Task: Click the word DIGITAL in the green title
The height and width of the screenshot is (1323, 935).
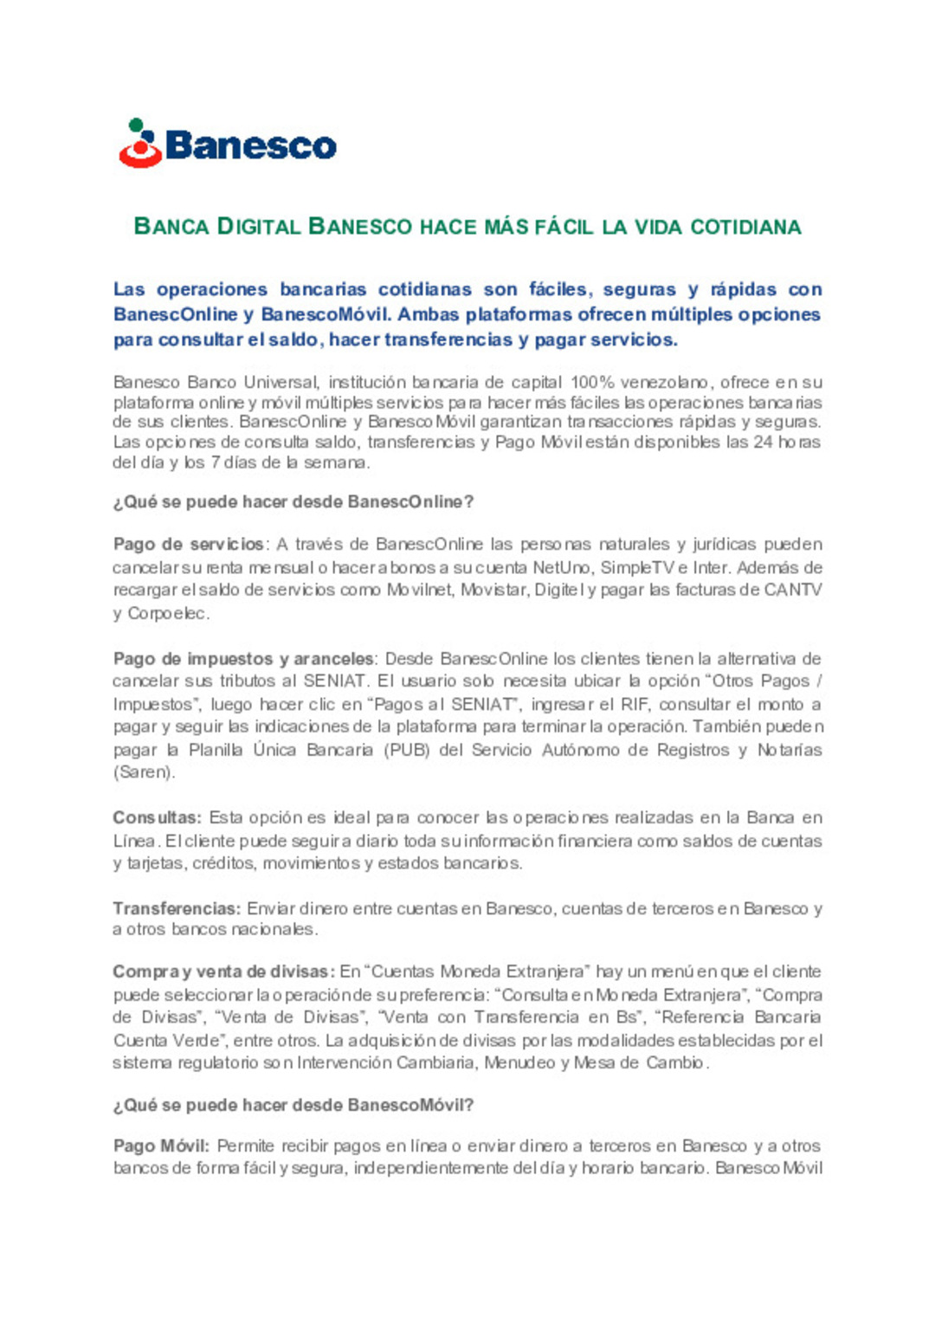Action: [x=258, y=227]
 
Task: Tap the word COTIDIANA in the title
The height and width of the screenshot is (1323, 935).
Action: [x=745, y=227]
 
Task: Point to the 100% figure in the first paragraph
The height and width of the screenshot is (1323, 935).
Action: [x=590, y=382]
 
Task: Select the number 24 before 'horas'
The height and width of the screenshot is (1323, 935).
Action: [x=763, y=442]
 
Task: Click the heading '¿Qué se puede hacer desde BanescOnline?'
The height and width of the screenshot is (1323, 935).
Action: [x=293, y=502]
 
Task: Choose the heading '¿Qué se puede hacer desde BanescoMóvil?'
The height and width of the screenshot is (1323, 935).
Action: [x=293, y=1106]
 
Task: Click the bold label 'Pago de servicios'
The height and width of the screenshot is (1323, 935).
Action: [x=189, y=545]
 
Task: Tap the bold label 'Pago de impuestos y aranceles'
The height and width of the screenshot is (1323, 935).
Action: [x=243, y=659]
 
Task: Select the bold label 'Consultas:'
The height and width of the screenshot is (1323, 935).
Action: [x=157, y=817]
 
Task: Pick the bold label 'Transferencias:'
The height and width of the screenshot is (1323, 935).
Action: [x=177, y=908]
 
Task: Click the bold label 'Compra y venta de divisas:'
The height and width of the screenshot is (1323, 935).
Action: [x=223, y=971]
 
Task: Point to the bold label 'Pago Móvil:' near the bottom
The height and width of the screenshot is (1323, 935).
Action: [x=161, y=1146]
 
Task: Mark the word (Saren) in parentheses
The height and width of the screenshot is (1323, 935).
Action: [x=144, y=772]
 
